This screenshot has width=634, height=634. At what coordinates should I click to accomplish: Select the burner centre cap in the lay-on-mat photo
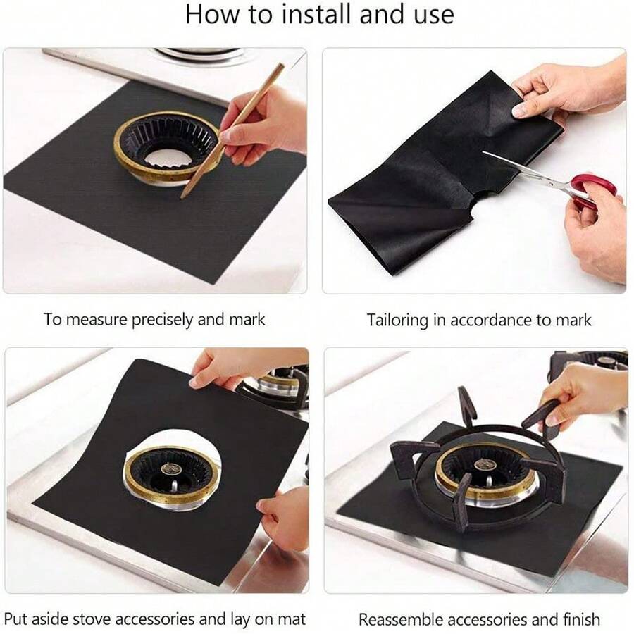pos(169,468)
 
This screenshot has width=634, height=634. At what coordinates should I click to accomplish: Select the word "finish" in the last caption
pos(580,620)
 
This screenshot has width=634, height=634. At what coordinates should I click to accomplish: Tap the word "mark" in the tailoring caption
pos(572,320)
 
